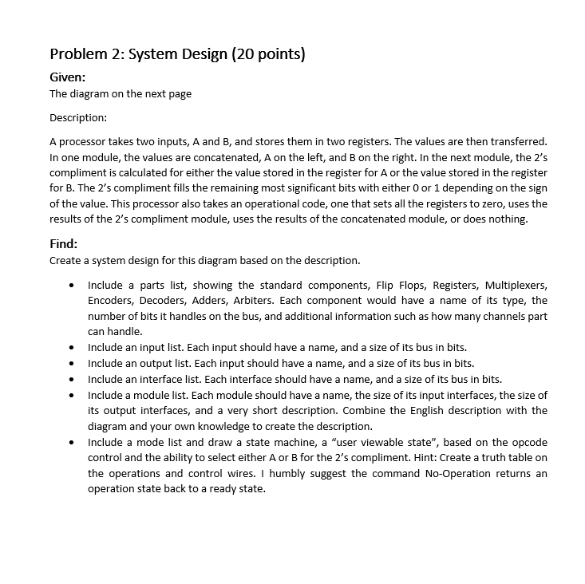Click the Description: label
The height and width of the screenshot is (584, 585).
tap(78, 117)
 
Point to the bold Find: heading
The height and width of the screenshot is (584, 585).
tap(64, 244)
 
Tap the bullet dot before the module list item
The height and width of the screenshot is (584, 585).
tap(73, 396)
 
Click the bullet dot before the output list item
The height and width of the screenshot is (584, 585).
tap(73, 364)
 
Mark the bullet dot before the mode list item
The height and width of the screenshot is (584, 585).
tap(73, 443)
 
